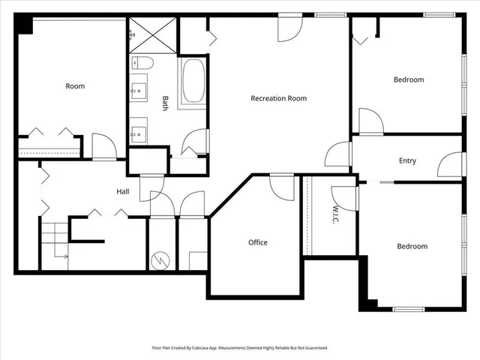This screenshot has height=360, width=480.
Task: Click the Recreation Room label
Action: [x=278, y=98]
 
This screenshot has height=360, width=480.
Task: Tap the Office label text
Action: [x=258, y=242]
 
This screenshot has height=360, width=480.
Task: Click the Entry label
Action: [x=407, y=160]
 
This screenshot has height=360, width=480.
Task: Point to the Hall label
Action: [x=122, y=192]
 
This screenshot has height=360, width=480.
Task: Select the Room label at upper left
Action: [x=75, y=86]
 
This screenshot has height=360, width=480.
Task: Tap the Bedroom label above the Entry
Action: [x=409, y=79]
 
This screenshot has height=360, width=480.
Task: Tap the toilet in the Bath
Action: [x=142, y=61]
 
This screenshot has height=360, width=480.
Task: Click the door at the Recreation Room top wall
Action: [x=289, y=28]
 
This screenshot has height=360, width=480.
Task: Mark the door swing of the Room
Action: [x=103, y=145]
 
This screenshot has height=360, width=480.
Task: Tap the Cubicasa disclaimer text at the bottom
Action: [x=240, y=348]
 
